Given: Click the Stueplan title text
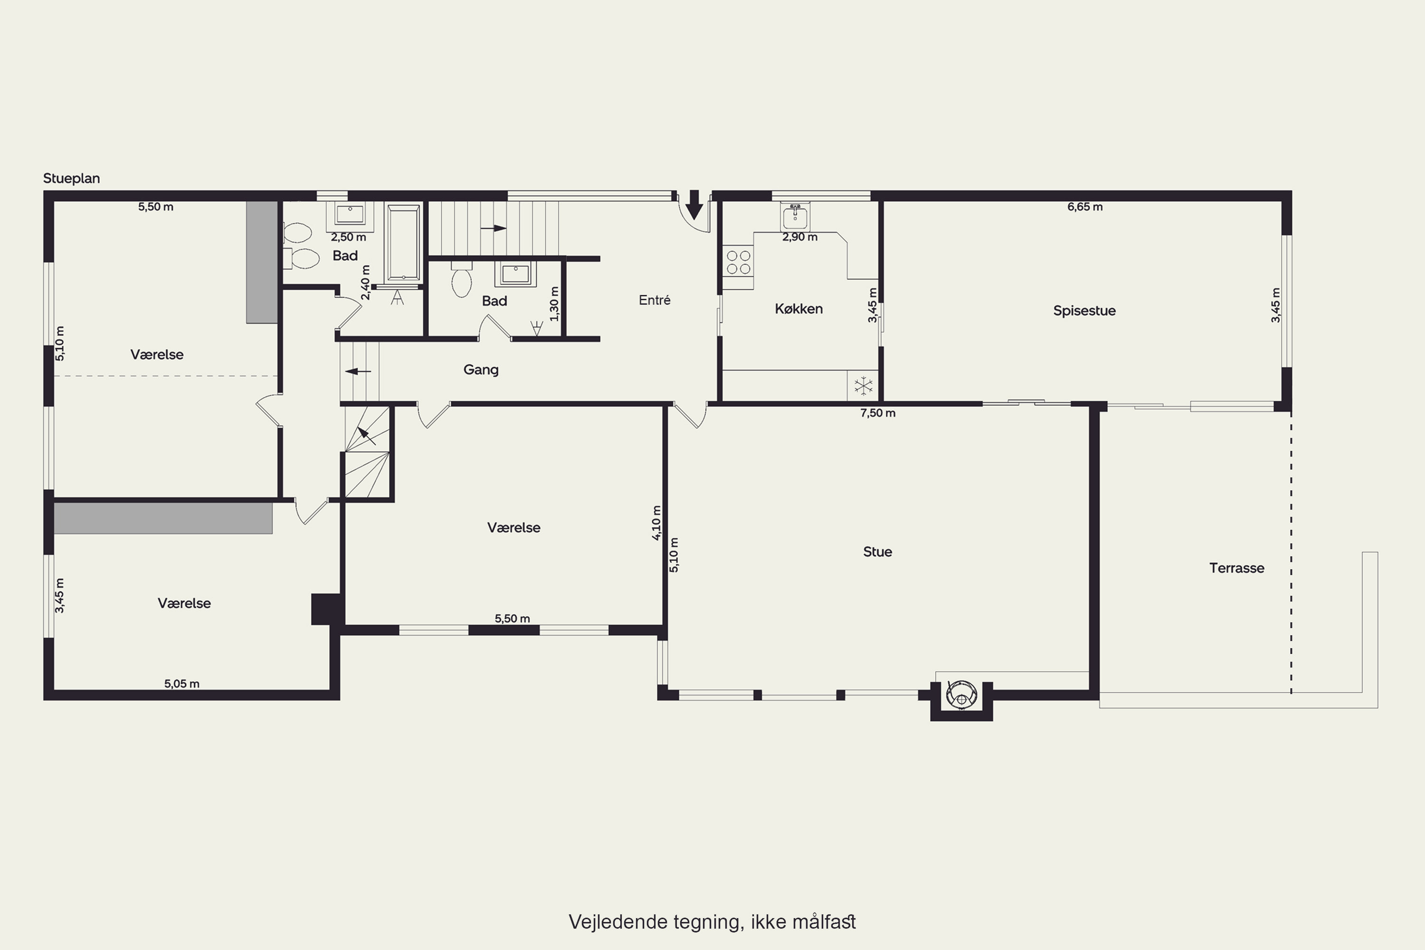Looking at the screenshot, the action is [72, 179].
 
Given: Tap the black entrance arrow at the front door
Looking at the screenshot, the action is [694, 205].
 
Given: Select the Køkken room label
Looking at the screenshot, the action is [798, 309].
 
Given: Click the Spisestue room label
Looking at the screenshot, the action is [1084, 311].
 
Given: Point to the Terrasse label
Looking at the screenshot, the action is [1236, 568].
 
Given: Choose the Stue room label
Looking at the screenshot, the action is [877, 552].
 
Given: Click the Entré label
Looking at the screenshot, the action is [655, 300].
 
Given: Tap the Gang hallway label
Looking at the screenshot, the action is [481, 370].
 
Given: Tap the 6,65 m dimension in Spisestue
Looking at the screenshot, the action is [1084, 207].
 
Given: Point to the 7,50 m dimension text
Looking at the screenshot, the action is [877, 413].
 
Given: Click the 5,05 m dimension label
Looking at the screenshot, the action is [182, 684].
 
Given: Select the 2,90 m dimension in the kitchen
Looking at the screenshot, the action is [800, 237].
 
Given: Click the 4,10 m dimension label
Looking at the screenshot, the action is [657, 523].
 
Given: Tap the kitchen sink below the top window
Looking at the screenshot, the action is [795, 216].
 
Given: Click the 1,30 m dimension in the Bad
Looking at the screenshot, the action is [554, 304].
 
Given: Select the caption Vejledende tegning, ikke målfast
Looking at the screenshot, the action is [712, 922].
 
